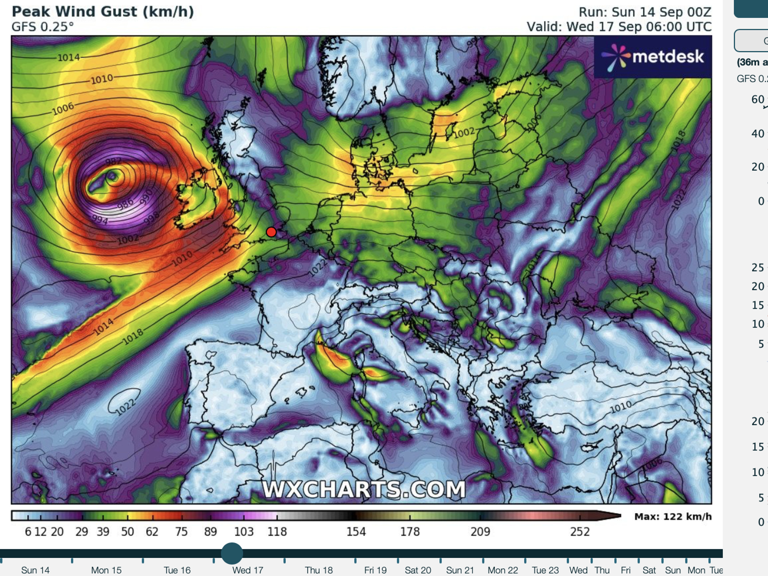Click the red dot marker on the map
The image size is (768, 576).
click(271, 232)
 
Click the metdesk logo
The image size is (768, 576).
click(653, 57)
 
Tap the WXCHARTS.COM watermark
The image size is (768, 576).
click(364, 490)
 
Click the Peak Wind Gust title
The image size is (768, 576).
click(103, 12)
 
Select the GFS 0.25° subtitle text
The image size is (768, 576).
click(42, 27)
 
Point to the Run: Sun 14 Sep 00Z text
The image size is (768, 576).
click(645, 12)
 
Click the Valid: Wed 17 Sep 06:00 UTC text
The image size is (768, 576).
click(619, 27)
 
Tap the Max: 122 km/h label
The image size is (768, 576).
click(673, 516)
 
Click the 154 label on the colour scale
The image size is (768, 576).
click(356, 531)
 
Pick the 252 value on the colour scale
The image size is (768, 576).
click(579, 531)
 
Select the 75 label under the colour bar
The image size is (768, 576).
click(181, 531)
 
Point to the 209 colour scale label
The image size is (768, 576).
click(480, 531)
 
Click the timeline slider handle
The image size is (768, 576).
click(232, 553)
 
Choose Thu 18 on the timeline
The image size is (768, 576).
click(319, 570)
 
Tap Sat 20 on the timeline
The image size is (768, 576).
click(418, 570)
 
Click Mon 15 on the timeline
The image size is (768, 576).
click(106, 570)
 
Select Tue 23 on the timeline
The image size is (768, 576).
click(545, 570)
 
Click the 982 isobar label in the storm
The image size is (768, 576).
click(113, 162)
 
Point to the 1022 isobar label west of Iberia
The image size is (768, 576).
click(126, 407)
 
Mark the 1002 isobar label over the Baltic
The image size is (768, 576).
click(464, 133)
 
